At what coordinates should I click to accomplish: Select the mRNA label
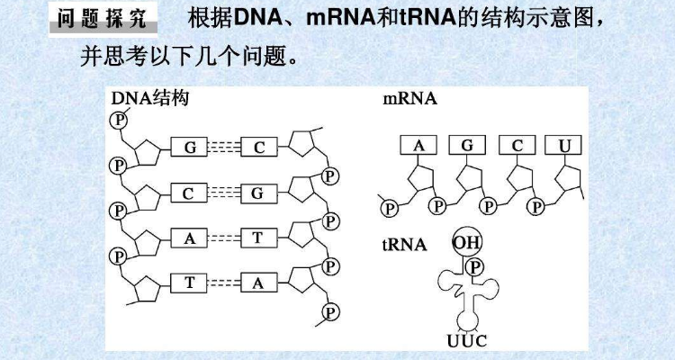[409, 99]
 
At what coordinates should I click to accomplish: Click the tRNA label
[404, 244]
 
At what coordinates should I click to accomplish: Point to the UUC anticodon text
[468, 342]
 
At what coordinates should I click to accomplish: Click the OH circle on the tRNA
[466, 242]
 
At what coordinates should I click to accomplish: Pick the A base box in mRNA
[418, 145]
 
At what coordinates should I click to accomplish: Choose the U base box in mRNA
[564, 145]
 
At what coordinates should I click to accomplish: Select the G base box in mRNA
[467, 145]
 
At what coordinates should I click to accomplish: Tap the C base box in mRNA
[517, 145]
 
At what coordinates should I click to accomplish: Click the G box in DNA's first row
[190, 148]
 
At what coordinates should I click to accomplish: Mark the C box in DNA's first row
[258, 148]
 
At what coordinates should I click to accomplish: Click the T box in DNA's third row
[258, 238]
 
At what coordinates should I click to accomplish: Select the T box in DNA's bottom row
[190, 283]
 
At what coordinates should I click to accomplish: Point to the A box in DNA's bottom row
[258, 283]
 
